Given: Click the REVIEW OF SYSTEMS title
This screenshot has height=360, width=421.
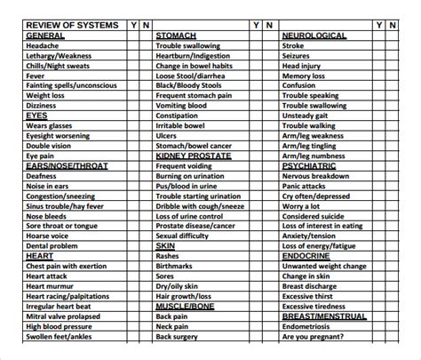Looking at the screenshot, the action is pos(71,25).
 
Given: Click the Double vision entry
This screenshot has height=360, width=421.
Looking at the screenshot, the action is pos(50,145).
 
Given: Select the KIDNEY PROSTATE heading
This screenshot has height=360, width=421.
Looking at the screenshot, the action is pos(193,156).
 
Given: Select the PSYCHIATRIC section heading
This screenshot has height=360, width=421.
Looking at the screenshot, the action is pos(310,165).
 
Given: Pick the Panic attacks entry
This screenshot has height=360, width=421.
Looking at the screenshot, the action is pos(306,186).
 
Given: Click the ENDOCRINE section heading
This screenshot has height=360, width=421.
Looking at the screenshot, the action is pos(307,255).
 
